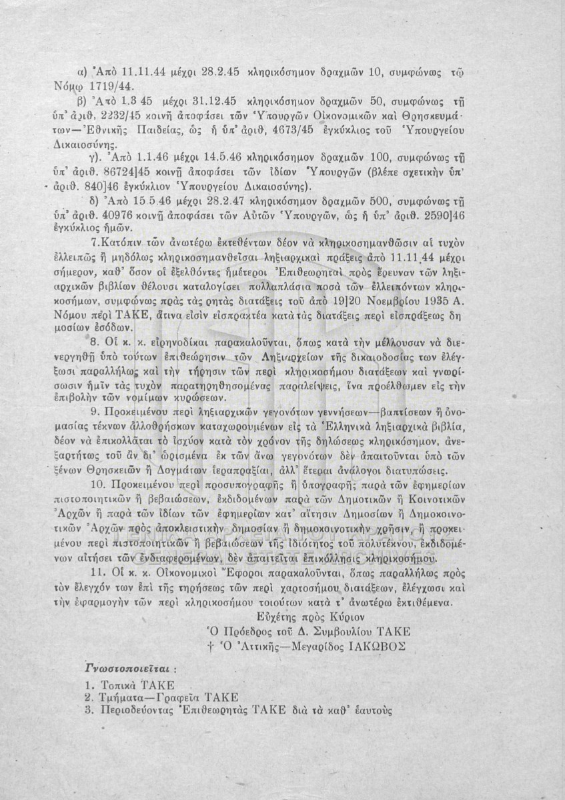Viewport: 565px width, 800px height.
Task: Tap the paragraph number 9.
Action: [93, 410]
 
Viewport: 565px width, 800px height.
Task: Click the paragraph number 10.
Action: [96, 483]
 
